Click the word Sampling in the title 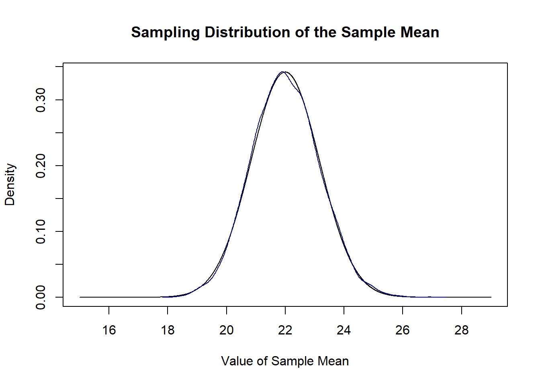[x=166, y=32]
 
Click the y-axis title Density [x=10, y=184]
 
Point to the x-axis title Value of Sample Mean [x=285, y=361]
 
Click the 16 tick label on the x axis [x=109, y=330]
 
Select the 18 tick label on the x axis [x=168, y=330]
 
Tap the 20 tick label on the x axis [x=227, y=330]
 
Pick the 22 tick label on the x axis [x=285, y=330]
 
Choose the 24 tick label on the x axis [x=344, y=330]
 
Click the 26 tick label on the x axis [x=403, y=330]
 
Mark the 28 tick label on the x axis [x=462, y=330]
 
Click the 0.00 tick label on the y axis [x=41, y=297]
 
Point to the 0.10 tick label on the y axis [x=41, y=231]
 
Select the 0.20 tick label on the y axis [x=41, y=166]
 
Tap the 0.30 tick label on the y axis [x=41, y=100]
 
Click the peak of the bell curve [x=284, y=72]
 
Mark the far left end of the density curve [x=80, y=297]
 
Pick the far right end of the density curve [x=491, y=297]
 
